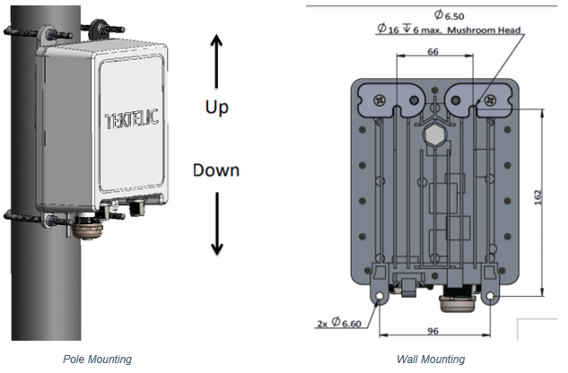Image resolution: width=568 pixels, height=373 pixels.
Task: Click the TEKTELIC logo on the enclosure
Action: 132,118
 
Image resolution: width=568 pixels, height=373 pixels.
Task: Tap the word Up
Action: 216,108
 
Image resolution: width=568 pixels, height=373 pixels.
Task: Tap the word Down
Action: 216,170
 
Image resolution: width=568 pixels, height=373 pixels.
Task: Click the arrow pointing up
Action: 216,61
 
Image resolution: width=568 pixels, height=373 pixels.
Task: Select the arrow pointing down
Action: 217,223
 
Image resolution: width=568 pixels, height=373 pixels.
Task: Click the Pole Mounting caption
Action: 97,360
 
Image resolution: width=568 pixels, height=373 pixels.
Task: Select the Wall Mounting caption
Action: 431,360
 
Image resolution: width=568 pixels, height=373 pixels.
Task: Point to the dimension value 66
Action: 433,51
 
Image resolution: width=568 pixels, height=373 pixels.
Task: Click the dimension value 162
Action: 537,197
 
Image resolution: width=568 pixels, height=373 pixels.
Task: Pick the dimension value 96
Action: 433,331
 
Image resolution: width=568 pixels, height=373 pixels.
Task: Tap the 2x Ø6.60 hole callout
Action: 339,322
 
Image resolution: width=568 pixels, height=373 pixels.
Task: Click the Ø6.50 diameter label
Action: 449,15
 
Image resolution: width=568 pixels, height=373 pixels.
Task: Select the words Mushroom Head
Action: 484,30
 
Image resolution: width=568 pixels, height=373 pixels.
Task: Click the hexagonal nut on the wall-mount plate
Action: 435,134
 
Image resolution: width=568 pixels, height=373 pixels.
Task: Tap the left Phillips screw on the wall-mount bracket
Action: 380,100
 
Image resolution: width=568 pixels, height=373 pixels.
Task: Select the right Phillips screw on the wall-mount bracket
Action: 491,100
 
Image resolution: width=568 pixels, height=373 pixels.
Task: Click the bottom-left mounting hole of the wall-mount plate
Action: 380,296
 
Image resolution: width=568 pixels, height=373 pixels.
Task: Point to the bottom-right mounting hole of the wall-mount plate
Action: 491,296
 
